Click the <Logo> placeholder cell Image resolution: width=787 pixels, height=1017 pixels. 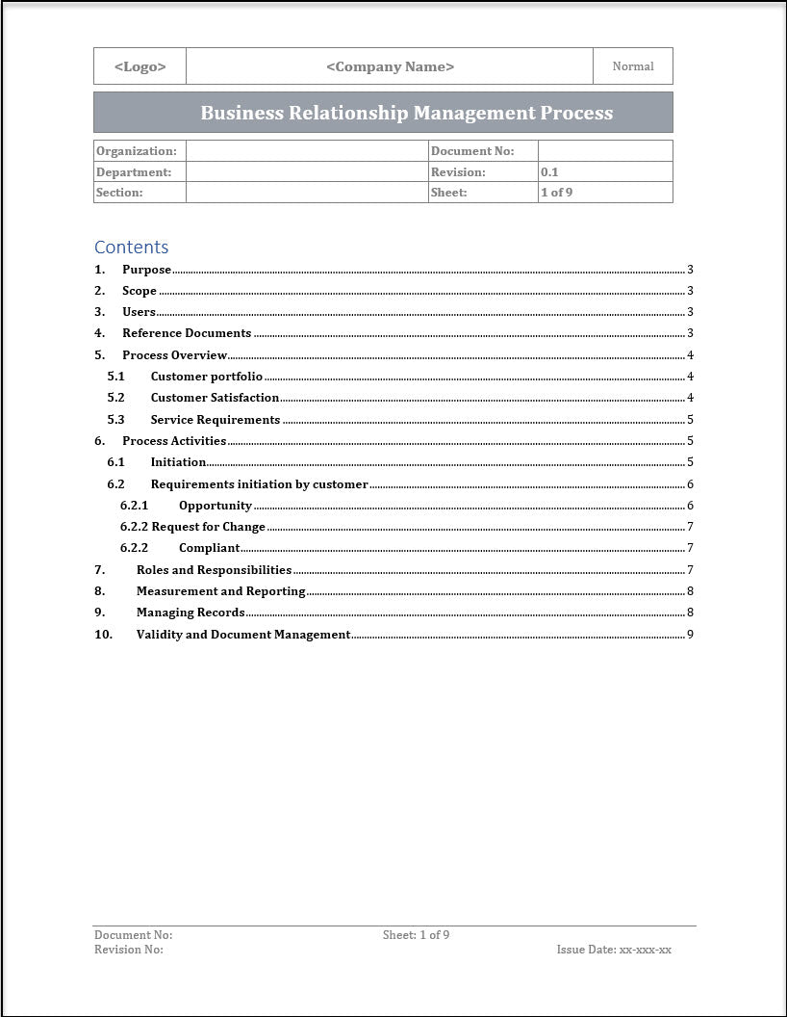tap(140, 66)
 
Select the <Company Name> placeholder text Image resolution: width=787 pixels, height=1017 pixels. tap(390, 66)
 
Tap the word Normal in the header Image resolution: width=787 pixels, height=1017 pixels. tap(632, 66)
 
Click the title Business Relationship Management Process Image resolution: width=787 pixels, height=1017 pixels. tap(406, 113)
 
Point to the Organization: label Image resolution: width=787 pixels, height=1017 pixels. tap(137, 151)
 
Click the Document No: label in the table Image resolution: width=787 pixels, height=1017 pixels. tap(472, 151)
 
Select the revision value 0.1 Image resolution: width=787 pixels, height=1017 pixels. tap(549, 172)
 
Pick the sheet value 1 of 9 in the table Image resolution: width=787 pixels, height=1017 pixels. tap(557, 193)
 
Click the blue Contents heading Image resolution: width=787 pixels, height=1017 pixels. tap(131, 247)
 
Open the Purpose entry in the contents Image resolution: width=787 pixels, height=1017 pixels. tap(146, 270)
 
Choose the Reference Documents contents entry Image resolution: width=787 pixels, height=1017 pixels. tap(187, 333)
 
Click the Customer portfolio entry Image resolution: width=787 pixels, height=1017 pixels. tap(206, 377)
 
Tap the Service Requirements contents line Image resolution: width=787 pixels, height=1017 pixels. tap(215, 420)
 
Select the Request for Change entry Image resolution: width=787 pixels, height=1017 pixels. tap(208, 527)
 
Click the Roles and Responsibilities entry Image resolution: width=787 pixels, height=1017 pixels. tap(214, 570)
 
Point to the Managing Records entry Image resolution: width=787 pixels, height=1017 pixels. tap(190, 613)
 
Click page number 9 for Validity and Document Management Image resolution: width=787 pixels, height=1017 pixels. tap(690, 635)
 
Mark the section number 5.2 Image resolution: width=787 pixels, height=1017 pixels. tap(115, 398)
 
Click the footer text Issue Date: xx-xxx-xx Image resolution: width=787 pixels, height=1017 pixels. tap(614, 950)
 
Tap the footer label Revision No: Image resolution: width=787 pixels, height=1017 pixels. tap(129, 950)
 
